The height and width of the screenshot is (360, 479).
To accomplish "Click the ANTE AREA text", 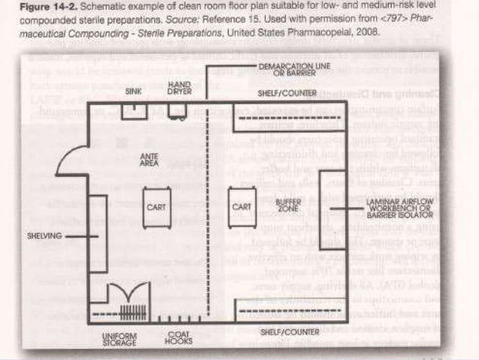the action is [x=149, y=159].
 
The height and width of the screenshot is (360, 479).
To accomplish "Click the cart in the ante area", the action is [x=157, y=206].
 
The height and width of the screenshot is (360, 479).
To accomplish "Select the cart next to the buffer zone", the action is [x=241, y=206].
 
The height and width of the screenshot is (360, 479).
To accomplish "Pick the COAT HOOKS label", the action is [x=179, y=339].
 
